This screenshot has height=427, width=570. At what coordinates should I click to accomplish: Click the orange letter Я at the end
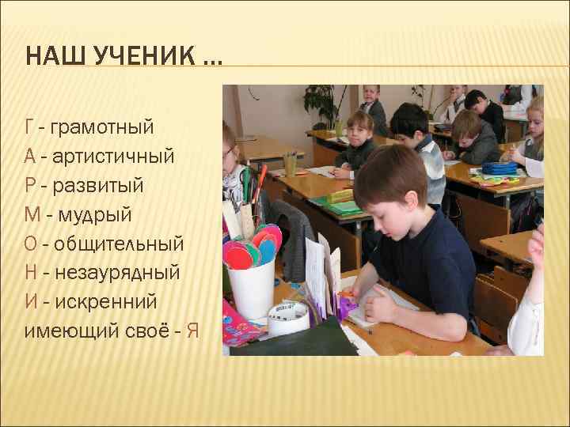pyautogui.click(x=192, y=331)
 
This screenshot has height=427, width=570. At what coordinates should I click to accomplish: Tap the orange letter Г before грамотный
pyautogui.click(x=28, y=127)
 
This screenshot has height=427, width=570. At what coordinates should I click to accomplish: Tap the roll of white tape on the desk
pyautogui.click(x=287, y=317)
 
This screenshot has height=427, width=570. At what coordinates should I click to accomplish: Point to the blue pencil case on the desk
pyautogui.click(x=499, y=168)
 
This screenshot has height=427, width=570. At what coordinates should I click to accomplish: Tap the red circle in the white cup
pyautogui.click(x=237, y=255)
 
